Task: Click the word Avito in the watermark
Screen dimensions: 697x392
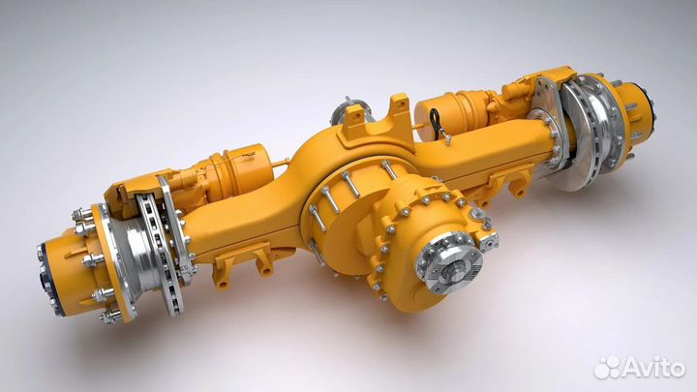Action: (x=653, y=367)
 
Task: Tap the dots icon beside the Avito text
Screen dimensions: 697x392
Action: (x=607, y=368)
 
